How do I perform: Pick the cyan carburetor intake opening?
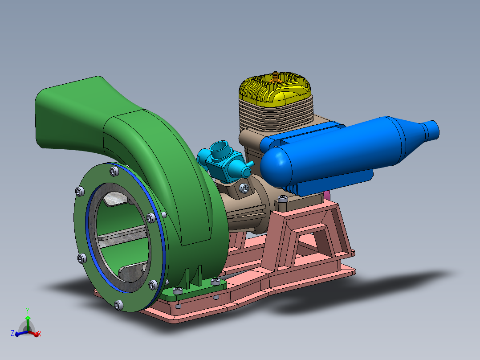coord(220,148)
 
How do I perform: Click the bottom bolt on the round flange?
coord(118,305)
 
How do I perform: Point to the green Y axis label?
coord(28,310)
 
